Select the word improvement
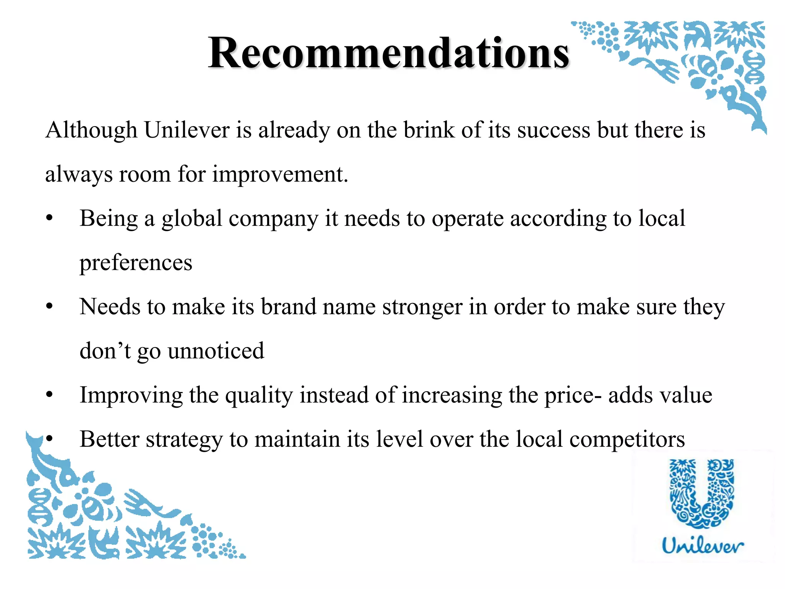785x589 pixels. pos(280,174)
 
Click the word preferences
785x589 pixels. pos(136,263)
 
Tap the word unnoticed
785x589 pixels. pos(216,351)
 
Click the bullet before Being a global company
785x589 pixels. pos(49,219)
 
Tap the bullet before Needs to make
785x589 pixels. pos(49,307)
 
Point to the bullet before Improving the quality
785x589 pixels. pos(49,395)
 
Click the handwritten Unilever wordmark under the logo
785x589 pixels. pos(703,545)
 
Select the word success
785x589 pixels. pos(554,130)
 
